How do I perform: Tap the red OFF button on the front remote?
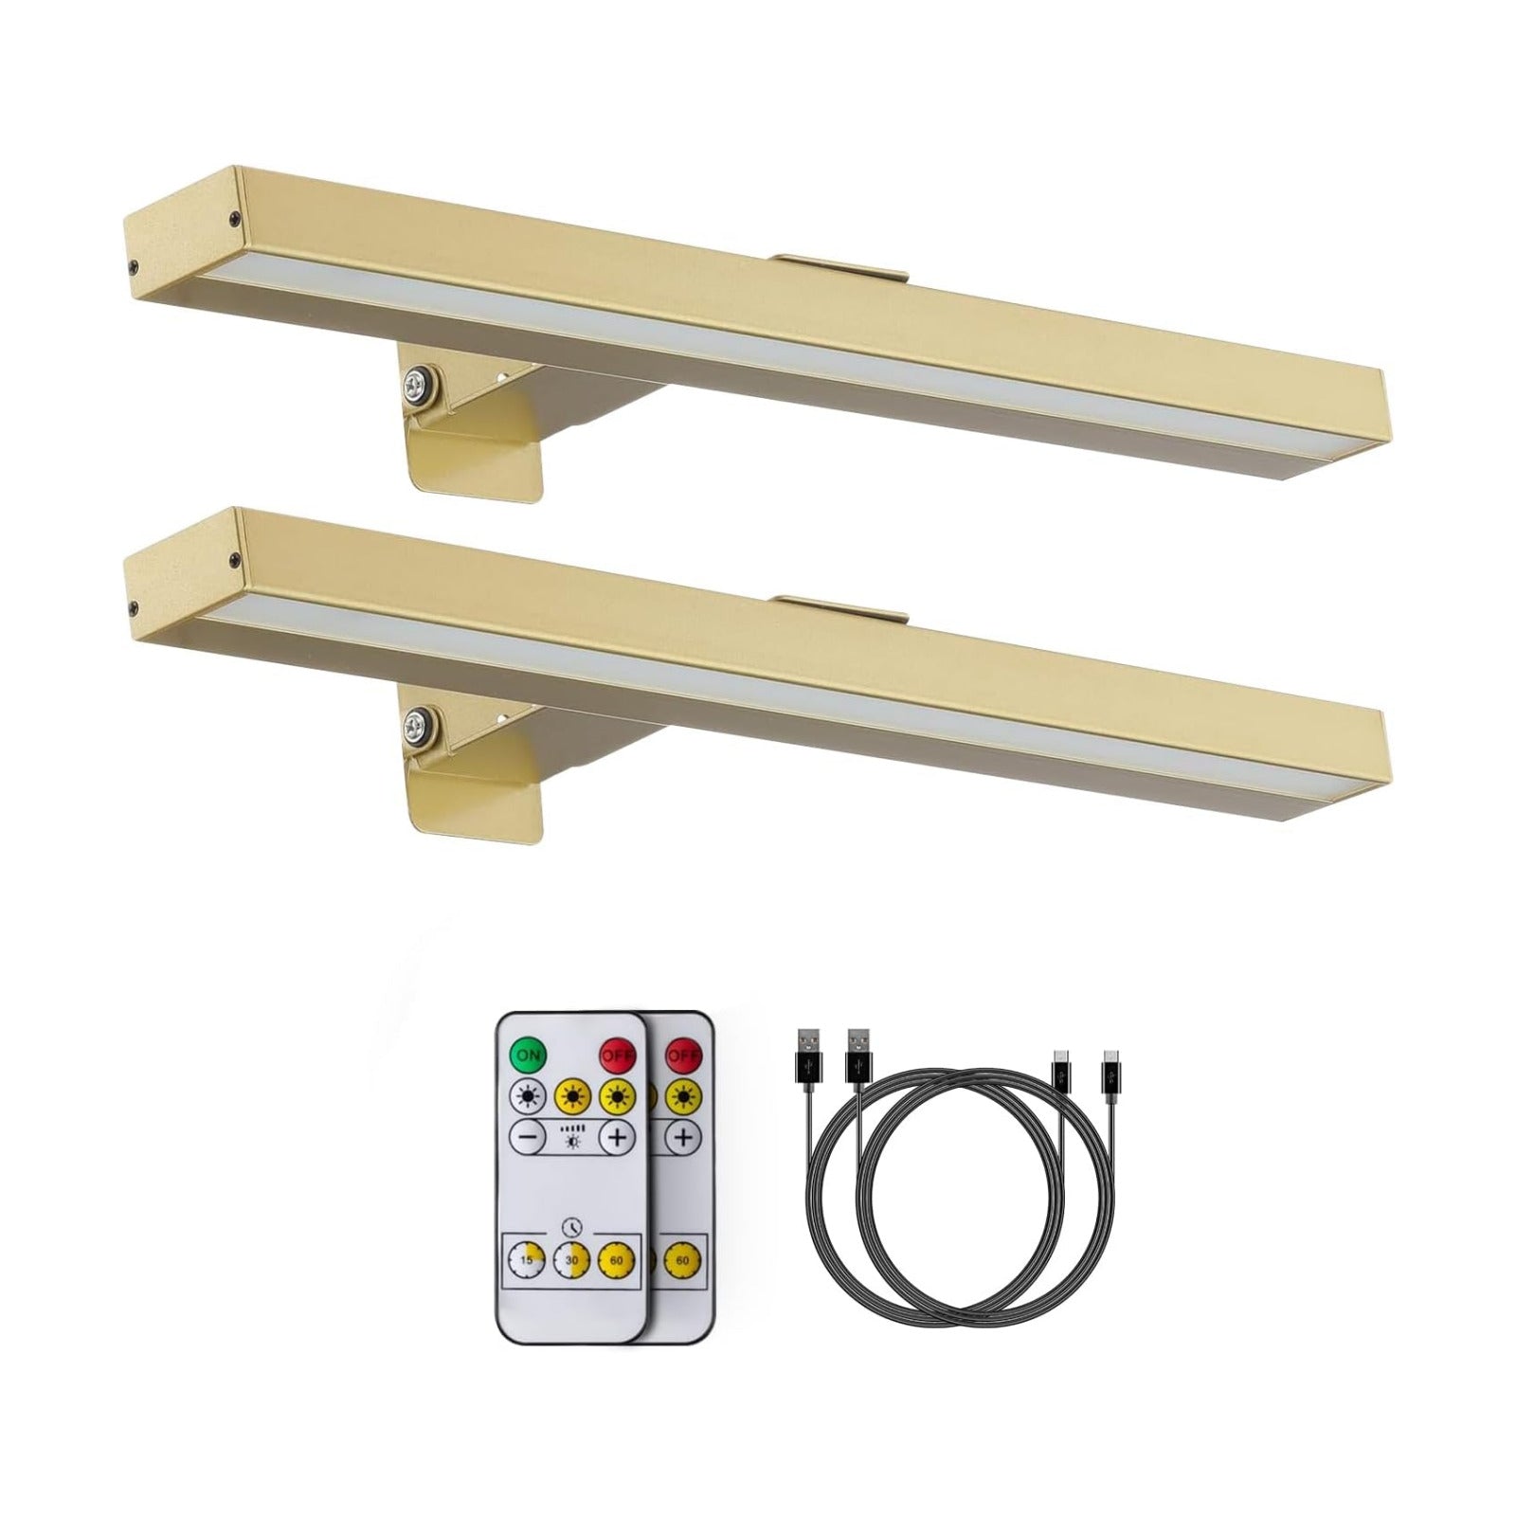617,1054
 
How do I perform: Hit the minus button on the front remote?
528,1137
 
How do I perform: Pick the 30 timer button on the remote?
571,1259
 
